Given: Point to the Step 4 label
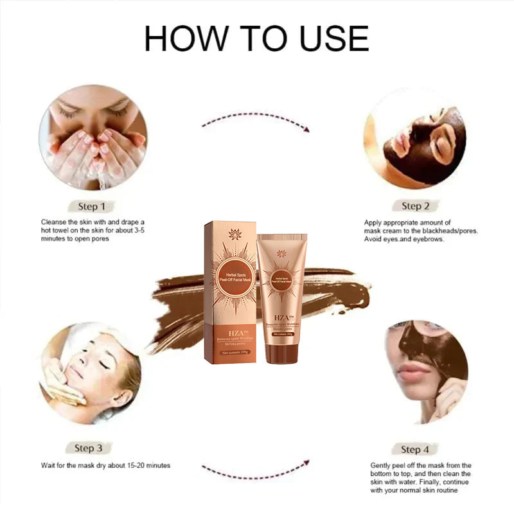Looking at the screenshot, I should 415,449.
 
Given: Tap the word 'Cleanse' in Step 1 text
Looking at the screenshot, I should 53,222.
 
